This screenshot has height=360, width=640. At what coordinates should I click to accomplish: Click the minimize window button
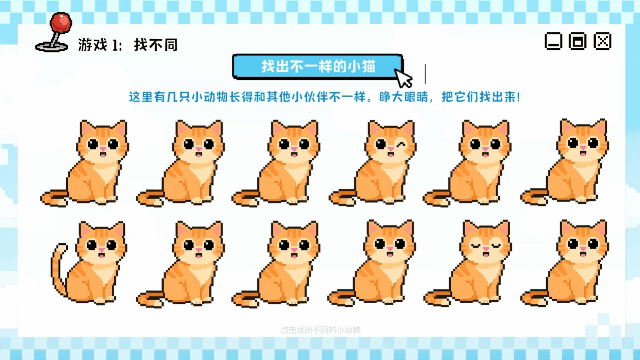(552, 41)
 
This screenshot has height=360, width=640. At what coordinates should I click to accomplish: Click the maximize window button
(577, 41)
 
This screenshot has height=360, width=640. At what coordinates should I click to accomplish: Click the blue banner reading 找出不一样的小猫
(317, 66)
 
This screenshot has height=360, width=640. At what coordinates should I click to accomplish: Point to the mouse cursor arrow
(403, 78)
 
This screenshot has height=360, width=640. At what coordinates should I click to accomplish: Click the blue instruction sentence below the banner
(325, 98)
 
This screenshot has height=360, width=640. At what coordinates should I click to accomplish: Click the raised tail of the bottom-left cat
(59, 259)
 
